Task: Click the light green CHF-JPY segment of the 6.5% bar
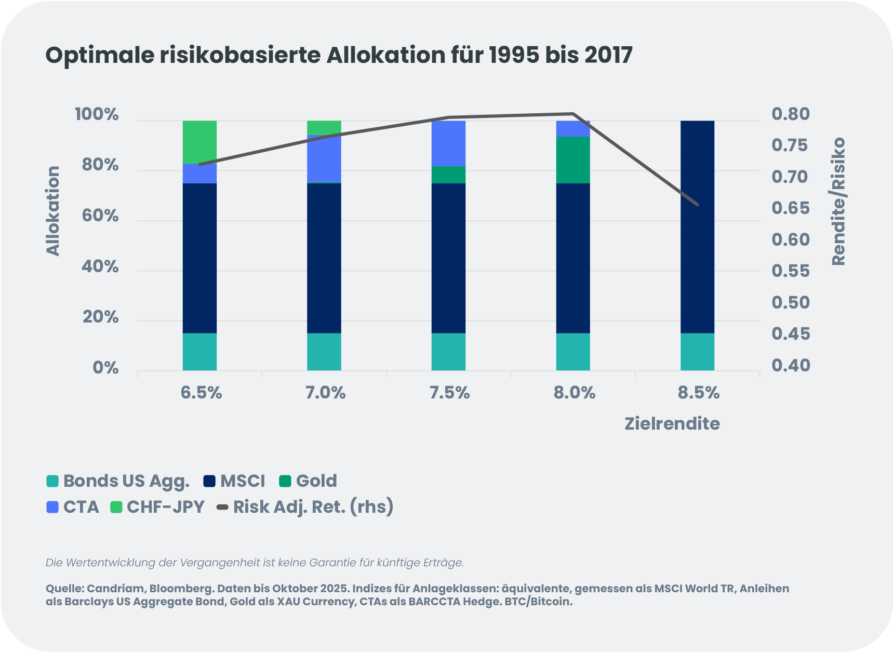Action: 199,141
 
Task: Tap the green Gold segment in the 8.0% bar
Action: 573,160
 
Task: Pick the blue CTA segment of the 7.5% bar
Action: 448,143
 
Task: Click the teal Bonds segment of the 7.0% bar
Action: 324,352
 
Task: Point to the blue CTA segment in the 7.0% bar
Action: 324,159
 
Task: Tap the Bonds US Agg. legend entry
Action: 118,481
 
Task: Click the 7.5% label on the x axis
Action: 449,393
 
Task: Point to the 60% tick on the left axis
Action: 100,216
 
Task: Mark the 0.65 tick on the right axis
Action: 790,208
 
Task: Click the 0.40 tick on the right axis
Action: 790,365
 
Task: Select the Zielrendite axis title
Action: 672,423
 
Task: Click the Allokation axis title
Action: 53,211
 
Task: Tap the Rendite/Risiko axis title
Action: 838,202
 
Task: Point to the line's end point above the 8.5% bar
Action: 698,205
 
